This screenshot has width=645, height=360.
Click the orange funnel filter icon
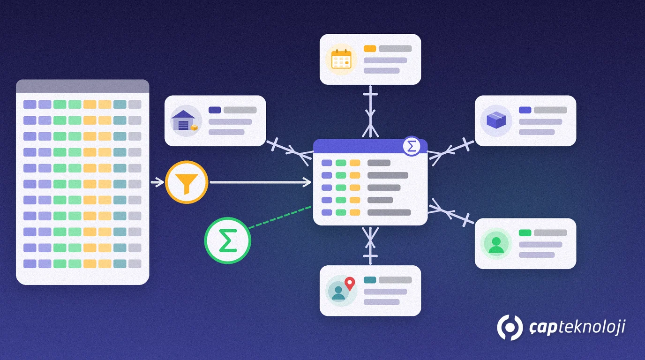coord(187,182)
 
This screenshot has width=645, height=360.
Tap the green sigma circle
coord(227,240)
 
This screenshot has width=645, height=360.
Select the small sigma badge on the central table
coord(412,146)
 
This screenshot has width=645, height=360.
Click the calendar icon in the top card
coord(341,60)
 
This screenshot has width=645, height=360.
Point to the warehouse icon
coord(186,120)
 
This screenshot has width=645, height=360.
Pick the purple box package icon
coord(496,120)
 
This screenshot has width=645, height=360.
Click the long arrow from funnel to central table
coord(261,182)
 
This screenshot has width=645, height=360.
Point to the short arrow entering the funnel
coord(157,182)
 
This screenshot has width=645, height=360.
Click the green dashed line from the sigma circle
coord(280,217)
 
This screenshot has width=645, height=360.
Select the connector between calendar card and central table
coord(370,111)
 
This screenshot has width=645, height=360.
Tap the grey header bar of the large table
coord(82,86)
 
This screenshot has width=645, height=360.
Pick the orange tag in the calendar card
coord(370,49)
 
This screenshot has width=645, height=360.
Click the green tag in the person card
coord(525,232)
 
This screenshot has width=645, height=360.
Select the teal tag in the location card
coord(370,280)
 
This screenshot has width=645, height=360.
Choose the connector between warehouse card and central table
coord(289,151)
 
